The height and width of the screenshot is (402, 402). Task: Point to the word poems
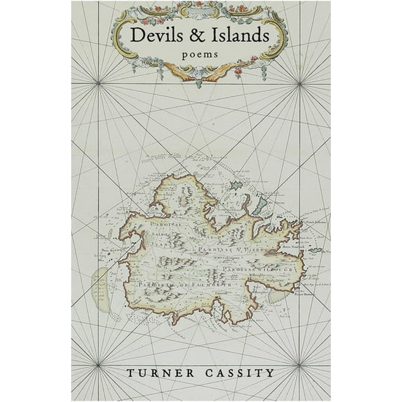(200, 53)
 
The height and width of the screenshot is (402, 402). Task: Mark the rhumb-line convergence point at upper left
(98, 84)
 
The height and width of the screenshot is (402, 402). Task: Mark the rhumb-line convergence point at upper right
(300, 84)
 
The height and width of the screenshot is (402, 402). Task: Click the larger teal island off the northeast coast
(260, 205)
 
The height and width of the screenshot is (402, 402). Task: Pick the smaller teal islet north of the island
(235, 186)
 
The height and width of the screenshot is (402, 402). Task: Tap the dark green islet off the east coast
(315, 250)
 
